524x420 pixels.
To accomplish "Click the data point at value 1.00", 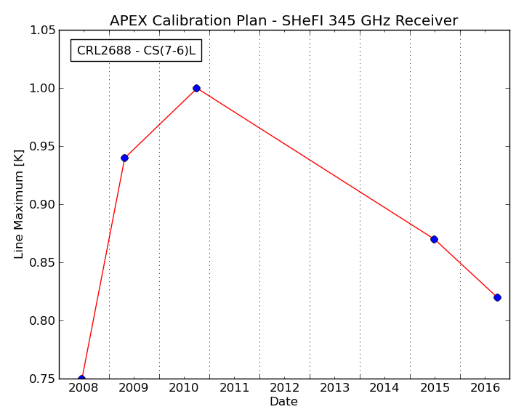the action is pos(196,88).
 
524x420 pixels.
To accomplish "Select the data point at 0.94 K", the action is pos(125,158).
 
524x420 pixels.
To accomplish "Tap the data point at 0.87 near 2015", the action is pos(434,239).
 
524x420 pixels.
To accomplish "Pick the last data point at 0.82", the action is pos(497,297).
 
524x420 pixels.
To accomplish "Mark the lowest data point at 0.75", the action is pos(81,378).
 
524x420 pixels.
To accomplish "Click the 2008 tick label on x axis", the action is pos(83,388).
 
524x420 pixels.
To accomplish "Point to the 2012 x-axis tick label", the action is pos(284,388).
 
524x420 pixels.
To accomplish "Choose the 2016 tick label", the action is pos(485,388).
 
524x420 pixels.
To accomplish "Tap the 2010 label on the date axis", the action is pos(184,388).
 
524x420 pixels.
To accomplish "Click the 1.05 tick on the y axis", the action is pos(42,31).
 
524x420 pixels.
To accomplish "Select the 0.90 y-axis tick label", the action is pos(42,204).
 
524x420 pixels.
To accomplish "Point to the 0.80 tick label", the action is pos(42,320).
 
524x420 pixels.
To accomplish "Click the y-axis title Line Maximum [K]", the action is pos(19,204).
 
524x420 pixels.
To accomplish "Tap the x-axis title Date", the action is pos(283,401).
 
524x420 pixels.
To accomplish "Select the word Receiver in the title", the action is pos(427,21).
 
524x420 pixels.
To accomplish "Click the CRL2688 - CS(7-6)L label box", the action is pos(136,50).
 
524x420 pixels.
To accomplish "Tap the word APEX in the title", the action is pos(129,21).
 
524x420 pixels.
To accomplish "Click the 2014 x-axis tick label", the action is pos(384,388).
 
